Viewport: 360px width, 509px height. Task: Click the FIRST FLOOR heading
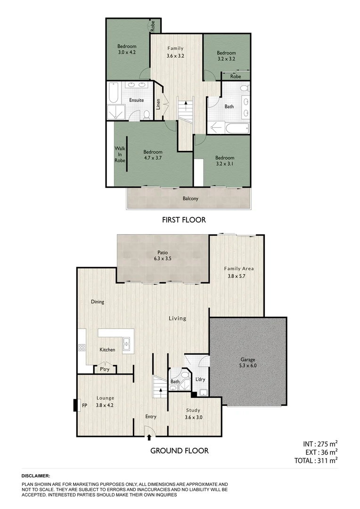184,220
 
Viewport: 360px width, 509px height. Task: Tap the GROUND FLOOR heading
179,451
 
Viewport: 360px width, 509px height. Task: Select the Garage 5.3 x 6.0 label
248,362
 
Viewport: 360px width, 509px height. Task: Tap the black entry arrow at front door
149,437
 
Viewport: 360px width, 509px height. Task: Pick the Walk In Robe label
120,155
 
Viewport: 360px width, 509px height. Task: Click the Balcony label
190,198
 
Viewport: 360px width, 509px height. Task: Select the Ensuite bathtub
114,93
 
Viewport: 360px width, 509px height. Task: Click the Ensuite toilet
147,114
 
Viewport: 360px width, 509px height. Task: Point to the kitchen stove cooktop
81,348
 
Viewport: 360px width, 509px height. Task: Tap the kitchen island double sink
126,345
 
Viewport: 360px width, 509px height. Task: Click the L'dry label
200,379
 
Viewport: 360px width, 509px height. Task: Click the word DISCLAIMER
36,476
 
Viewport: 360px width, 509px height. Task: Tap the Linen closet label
158,104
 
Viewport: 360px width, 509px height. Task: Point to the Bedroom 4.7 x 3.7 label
153,155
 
